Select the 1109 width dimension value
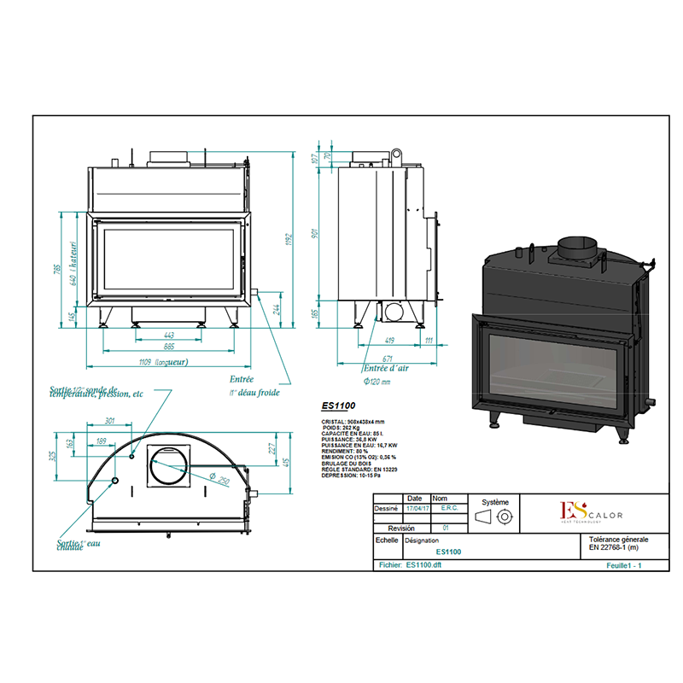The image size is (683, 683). point(151,363)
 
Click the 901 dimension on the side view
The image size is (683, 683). point(315,233)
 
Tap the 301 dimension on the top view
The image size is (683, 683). point(109,421)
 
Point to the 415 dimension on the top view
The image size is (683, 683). point(287,462)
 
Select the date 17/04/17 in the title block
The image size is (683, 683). point(415,508)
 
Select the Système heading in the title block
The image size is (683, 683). point(494,503)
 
